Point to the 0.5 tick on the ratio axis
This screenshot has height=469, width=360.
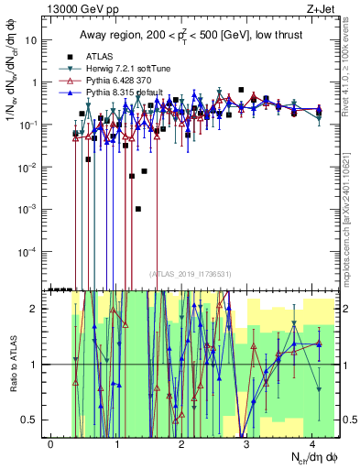pos(32,420)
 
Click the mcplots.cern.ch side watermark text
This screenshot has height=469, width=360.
pos(353,211)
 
